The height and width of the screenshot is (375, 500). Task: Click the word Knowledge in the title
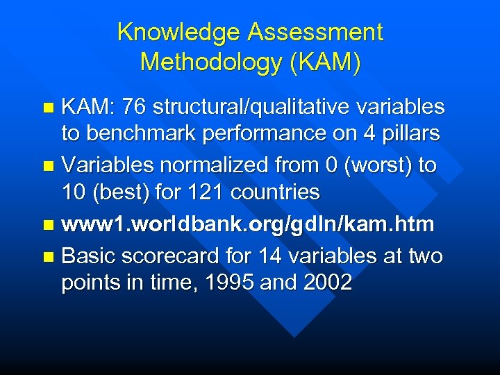180,32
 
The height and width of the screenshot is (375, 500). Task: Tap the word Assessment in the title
316,32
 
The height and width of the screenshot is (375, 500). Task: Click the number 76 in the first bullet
134,106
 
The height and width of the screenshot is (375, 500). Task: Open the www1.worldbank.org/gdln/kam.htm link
247,224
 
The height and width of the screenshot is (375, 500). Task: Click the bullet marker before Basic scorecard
47,257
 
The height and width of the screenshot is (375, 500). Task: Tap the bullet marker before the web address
47,225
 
